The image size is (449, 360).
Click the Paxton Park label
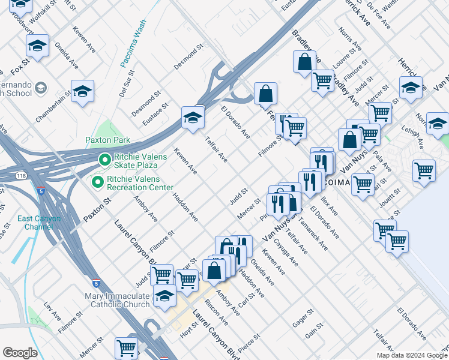pyautogui.click(x=107, y=140)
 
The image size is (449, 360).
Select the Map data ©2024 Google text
pyautogui.click(x=412, y=355)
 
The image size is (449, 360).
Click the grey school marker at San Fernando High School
pyautogui.click(x=40, y=88)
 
